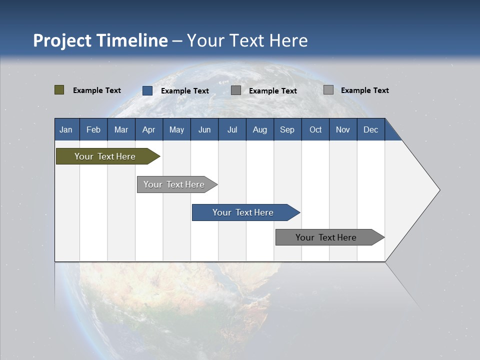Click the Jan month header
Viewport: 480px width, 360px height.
66,129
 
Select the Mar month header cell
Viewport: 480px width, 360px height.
121,129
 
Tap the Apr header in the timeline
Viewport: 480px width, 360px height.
148,129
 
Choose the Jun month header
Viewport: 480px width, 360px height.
204,129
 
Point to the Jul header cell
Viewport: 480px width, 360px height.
232,129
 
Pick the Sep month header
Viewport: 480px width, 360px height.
287,129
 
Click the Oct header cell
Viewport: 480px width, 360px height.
315,129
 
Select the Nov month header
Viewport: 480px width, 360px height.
342,129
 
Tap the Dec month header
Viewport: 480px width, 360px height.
370,129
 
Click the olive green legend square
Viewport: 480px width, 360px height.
59,90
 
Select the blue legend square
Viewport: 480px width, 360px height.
147,90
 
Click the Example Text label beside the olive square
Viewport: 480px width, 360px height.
97,90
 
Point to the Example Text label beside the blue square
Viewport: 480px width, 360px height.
185,91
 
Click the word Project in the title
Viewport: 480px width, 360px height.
62,40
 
